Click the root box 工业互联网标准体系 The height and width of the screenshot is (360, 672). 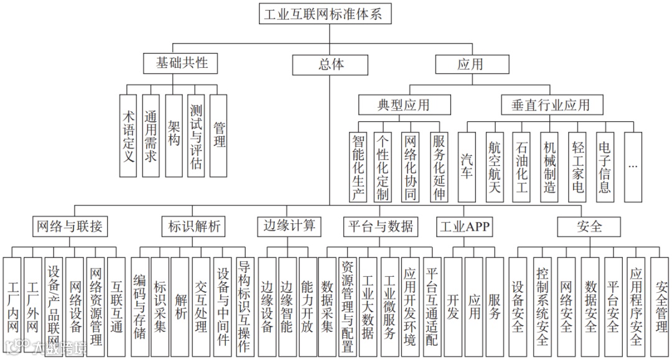325,13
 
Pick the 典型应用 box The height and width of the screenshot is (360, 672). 403,104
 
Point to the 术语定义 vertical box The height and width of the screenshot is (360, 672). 129,136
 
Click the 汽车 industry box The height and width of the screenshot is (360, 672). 467,167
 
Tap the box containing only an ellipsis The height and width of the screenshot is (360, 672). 633,167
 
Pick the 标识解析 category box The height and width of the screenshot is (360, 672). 194,226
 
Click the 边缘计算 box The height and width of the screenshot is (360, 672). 290,226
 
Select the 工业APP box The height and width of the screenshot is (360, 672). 464,226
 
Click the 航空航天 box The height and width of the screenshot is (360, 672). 495,167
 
